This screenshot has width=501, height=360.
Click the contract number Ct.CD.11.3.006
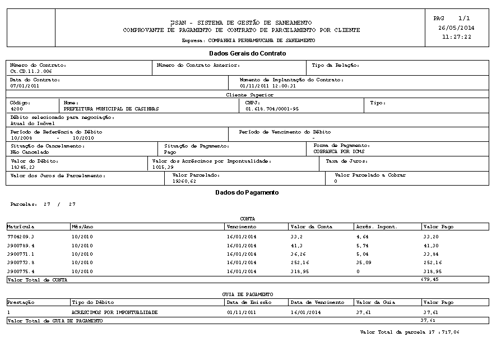tap(31, 72)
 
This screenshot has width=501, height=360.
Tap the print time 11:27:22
tap(456, 37)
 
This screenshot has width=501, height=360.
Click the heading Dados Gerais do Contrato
tap(247, 54)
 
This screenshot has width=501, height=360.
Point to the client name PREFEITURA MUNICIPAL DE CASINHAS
tap(111, 109)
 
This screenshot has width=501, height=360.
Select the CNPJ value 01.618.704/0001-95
tap(272, 109)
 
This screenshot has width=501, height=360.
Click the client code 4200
tap(17, 109)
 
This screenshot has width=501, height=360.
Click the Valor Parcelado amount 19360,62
tap(184, 181)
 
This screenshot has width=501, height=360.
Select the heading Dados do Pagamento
tap(247, 192)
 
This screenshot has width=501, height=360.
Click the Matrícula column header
tap(21, 227)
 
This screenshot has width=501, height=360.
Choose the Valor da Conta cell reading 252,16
tap(301, 262)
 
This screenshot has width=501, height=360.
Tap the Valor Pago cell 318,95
tap(434, 271)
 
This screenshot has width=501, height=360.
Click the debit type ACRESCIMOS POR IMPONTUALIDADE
tap(114, 312)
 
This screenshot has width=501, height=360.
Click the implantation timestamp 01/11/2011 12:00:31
tap(263, 86)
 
